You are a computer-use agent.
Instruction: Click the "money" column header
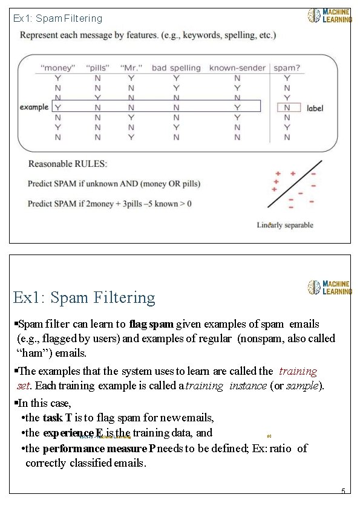point(58,68)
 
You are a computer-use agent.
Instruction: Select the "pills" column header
point(98,68)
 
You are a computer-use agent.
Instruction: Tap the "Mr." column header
point(131,68)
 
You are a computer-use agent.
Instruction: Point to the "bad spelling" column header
point(176,68)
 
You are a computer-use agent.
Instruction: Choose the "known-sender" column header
point(237,68)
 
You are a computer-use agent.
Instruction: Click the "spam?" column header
point(287,68)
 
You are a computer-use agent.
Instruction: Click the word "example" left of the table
point(34,107)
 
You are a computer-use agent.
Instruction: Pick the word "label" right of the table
point(315,108)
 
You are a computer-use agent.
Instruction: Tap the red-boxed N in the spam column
point(287,108)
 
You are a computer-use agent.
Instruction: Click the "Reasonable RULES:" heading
point(68,164)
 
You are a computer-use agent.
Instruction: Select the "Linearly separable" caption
point(285,225)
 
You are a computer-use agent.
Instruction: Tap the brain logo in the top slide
point(314,16)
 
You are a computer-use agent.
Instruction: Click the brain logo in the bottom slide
point(314,287)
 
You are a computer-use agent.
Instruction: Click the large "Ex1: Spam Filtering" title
point(84,297)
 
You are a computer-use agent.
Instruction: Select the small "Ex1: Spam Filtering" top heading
point(58,19)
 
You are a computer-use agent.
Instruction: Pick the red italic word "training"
point(298,371)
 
